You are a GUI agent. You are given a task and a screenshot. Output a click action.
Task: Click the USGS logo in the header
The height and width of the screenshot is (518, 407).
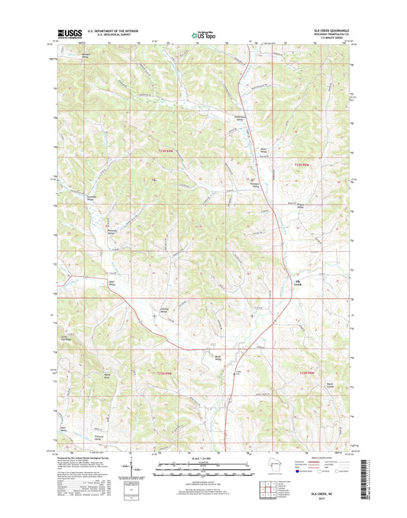(x=65, y=34)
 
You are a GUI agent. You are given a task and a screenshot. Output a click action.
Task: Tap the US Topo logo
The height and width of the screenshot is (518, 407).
(x=202, y=34)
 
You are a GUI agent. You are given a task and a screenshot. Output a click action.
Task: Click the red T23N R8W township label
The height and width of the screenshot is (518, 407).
(x=305, y=163)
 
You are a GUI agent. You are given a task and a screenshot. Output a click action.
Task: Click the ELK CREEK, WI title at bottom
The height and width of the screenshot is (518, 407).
(x=331, y=494)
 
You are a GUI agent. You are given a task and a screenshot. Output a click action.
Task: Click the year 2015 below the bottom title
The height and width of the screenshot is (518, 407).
(x=331, y=500)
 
